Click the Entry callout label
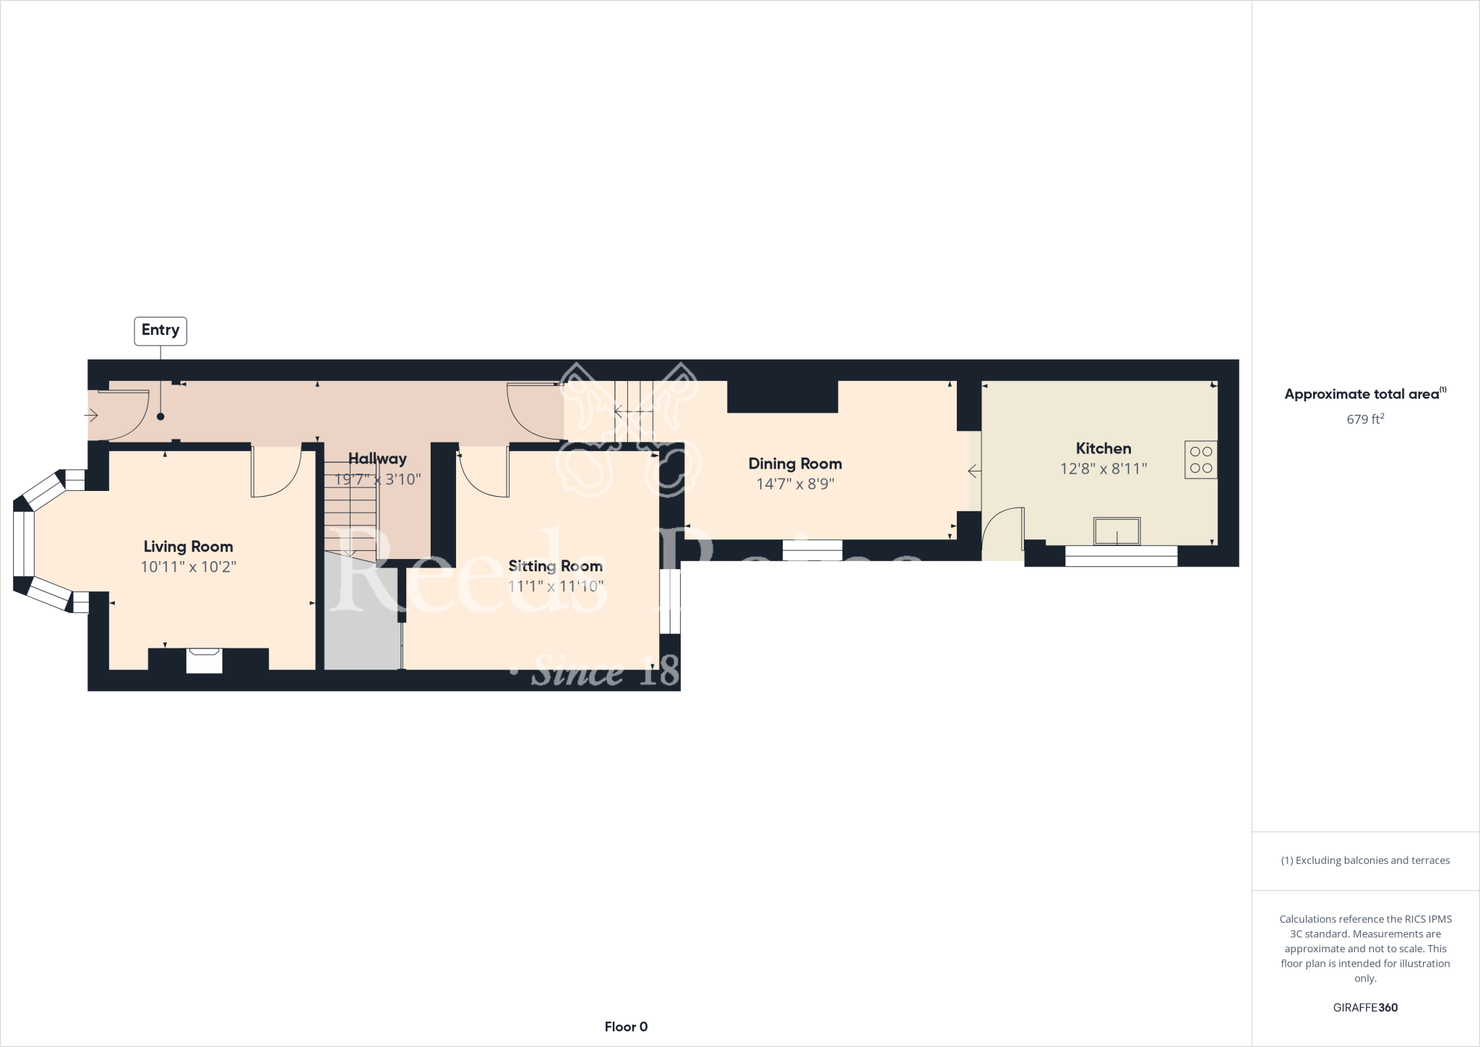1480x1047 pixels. point(160,330)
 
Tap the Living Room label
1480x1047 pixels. point(188,547)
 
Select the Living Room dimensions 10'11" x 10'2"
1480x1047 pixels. point(188,566)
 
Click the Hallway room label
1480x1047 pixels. point(377,458)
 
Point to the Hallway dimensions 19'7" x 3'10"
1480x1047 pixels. point(377,479)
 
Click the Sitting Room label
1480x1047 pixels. point(555,566)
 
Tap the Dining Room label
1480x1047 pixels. point(795,463)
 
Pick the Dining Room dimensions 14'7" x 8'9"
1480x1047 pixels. point(795,484)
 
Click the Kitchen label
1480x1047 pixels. point(1103,448)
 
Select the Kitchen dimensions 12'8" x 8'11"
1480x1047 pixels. point(1103,469)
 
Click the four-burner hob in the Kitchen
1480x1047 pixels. point(1200,459)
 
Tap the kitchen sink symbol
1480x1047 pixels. point(1117,531)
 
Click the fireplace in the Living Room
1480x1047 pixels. point(205,660)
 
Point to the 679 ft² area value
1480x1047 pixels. point(1365,419)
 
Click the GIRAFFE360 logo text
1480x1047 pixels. point(1365,1007)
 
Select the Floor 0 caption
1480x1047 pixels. point(626,1027)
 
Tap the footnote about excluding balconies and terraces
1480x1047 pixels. point(1365,860)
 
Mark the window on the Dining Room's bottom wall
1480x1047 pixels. point(812,550)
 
